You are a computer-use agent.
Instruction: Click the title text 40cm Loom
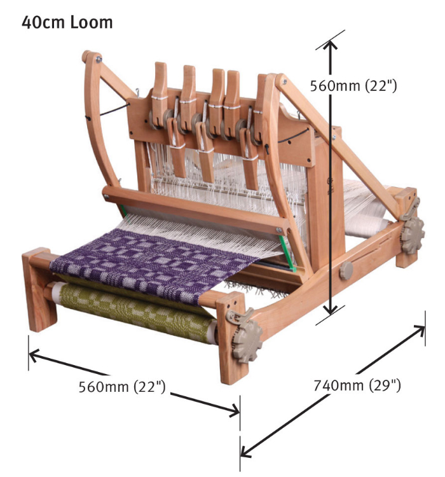67,22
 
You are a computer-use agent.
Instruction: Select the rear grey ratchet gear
414,219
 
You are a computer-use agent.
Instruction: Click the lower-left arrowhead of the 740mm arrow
245,452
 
